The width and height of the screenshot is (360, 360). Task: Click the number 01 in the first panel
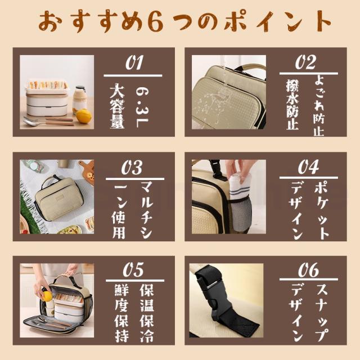click(134, 62)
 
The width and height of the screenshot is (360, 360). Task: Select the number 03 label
click(134, 167)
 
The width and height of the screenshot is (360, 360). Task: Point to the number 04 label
click(308, 167)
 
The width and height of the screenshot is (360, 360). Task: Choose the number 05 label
click(134, 271)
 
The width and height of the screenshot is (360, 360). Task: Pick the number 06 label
click(308, 272)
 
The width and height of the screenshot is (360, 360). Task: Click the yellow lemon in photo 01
click(84, 116)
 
